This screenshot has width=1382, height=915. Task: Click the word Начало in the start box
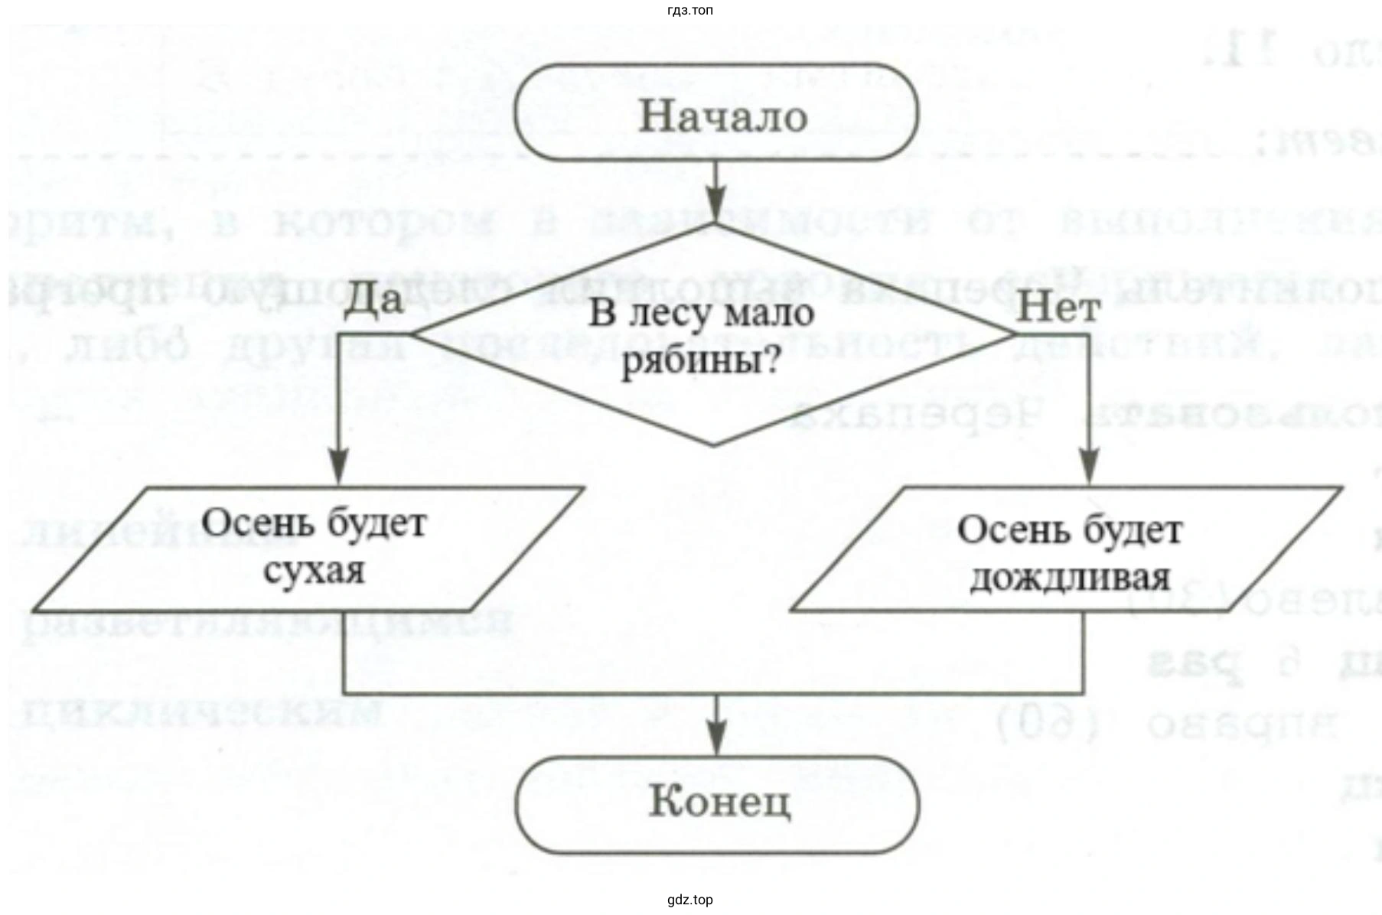[x=722, y=116]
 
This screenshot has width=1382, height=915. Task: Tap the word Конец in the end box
[x=719, y=803]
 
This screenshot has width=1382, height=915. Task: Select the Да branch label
[x=373, y=299]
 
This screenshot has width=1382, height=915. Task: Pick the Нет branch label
[x=1058, y=308]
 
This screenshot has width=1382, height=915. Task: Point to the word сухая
[x=314, y=571]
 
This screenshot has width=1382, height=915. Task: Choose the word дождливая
[x=1070, y=578]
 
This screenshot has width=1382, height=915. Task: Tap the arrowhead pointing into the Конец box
[x=715, y=740]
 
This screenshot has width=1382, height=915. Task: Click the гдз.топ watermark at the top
[x=690, y=10]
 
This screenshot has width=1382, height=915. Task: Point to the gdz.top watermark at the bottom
[x=690, y=900]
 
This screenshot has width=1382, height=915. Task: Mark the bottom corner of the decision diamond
[x=714, y=444]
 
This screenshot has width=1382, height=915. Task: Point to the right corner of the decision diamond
[x=1015, y=334]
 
